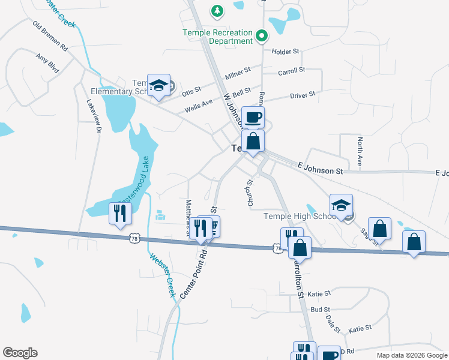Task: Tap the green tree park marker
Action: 217,10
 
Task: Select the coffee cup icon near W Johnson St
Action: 253,117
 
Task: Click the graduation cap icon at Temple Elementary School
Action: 158,85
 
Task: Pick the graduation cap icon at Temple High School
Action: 341,205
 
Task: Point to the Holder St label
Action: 285,52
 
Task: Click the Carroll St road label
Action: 292,72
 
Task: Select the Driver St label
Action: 303,95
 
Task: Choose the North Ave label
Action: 360,151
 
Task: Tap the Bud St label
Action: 321,310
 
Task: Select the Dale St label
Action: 333,325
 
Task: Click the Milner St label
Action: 238,74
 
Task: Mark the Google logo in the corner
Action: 20,353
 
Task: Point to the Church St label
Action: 251,193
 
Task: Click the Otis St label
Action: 191,92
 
